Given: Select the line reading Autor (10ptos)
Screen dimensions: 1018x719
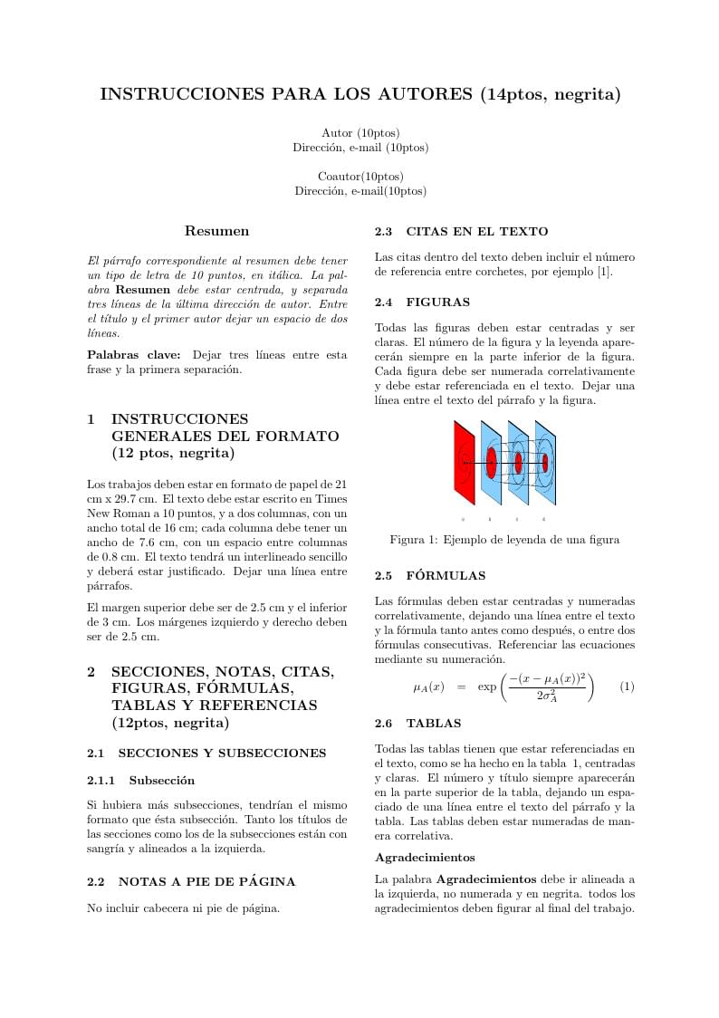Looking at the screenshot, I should [360, 133].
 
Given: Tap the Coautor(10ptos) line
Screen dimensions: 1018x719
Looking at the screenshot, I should [360, 176].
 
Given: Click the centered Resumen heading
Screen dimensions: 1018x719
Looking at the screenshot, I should [216, 231].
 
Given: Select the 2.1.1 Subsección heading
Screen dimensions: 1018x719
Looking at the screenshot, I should [140, 780].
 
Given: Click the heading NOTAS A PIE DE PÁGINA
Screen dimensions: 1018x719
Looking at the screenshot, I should [206, 881].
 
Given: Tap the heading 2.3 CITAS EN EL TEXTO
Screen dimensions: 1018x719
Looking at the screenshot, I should [461, 231].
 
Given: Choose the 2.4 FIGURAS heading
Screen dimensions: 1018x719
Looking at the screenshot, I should [422, 302].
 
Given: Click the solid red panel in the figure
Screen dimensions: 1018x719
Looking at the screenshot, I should [464, 462].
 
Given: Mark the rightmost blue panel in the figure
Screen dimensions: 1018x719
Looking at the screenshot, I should [545, 463].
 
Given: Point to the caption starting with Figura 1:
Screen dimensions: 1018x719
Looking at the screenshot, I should [504, 540].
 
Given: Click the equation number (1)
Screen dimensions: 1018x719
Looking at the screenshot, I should [627, 687].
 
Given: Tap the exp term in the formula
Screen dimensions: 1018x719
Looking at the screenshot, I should [487, 687].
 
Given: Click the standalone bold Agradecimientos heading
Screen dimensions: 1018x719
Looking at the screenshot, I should [425, 857].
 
